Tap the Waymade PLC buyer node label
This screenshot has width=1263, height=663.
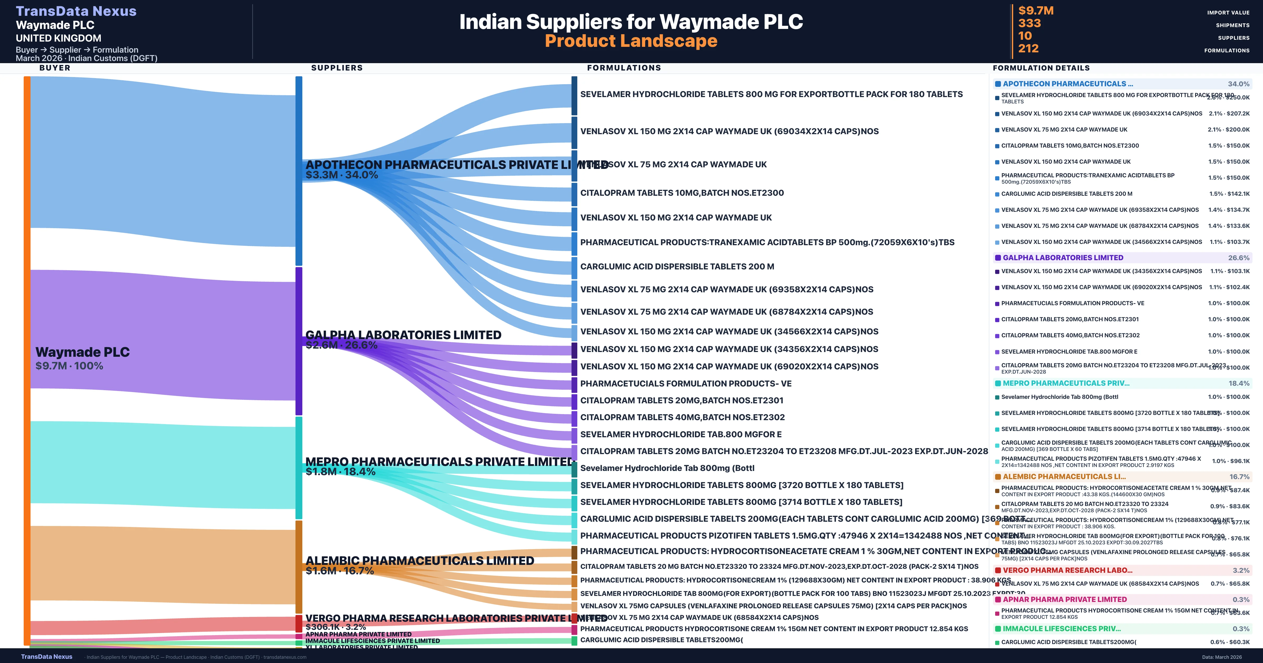click(x=82, y=352)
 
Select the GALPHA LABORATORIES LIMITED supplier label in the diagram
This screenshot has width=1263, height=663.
click(x=403, y=335)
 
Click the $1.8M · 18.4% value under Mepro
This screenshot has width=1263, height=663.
click(x=340, y=472)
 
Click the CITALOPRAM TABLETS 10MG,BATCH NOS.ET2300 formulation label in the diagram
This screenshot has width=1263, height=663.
click(x=681, y=193)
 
